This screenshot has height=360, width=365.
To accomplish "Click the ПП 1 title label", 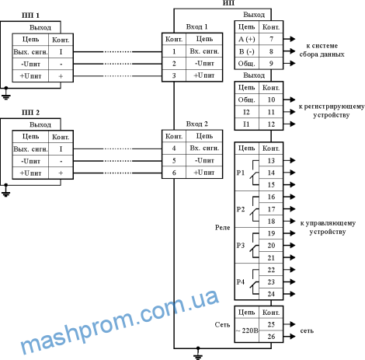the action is (30, 16).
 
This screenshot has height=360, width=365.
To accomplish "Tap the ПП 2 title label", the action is (30, 113).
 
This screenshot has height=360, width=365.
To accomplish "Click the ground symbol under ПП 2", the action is (6, 191).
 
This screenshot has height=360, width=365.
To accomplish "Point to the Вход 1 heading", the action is (196, 26).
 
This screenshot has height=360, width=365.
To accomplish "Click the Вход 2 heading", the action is (196, 124).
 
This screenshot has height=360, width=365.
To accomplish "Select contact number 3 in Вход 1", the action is (174, 75).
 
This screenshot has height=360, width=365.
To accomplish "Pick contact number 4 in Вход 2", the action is (174, 149).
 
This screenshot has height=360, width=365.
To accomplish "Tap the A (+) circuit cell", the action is (247, 39).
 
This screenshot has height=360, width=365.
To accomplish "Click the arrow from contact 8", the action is (290, 51).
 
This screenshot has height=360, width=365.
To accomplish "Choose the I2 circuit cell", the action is (246, 112).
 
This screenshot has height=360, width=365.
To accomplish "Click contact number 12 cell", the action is (271, 124).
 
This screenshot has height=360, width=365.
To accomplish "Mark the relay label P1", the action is (241, 173).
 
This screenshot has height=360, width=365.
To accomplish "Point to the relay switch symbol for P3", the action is (255, 246).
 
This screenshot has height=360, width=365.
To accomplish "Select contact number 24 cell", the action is (271, 294).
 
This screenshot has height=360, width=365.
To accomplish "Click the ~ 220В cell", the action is (247, 330).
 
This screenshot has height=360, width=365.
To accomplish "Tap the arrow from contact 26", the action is (290, 337).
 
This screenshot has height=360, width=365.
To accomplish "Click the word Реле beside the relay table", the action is (223, 228).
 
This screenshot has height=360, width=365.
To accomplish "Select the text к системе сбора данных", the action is (322, 50).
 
